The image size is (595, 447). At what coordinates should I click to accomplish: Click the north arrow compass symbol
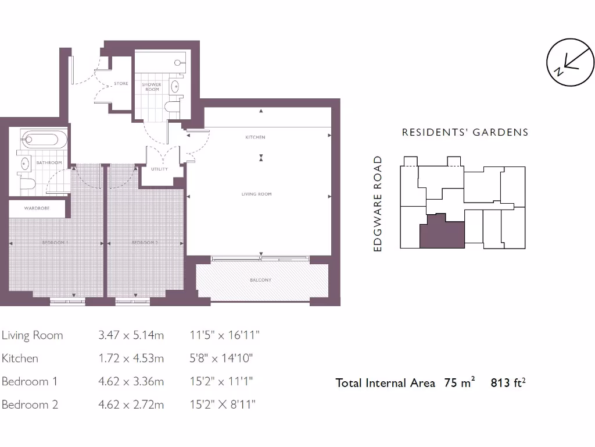click(x=571, y=62)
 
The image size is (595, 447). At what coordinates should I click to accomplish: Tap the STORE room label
click(x=121, y=84)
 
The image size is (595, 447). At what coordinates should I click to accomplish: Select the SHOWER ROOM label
click(x=152, y=87)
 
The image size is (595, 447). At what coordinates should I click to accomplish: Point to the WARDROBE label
click(x=37, y=208)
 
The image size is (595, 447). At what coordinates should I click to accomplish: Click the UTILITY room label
click(x=159, y=169)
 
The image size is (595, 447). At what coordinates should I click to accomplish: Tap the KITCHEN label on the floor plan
click(x=255, y=137)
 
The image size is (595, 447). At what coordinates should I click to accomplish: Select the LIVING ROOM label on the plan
click(x=257, y=194)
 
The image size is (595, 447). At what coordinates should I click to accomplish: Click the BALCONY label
click(x=260, y=280)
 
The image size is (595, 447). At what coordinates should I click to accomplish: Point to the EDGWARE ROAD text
click(x=378, y=204)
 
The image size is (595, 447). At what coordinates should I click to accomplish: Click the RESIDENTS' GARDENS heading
click(x=465, y=132)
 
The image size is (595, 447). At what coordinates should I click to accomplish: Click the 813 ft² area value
click(x=508, y=383)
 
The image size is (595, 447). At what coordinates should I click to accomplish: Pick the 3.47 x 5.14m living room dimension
click(x=131, y=335)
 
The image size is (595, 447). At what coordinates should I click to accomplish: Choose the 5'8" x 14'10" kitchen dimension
click(x=221, y=359)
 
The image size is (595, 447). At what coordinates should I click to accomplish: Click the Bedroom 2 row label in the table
click(x=30, y=405)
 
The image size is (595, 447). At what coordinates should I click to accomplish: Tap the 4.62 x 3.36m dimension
click(x=131, y=382)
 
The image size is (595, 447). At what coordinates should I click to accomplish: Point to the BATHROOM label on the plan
click(x=49, y=163)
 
